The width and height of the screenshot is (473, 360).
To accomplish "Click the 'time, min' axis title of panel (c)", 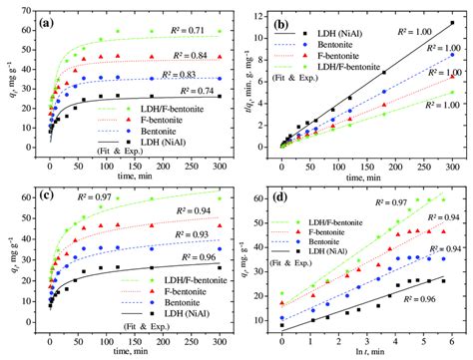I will click(x=130, y=350).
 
